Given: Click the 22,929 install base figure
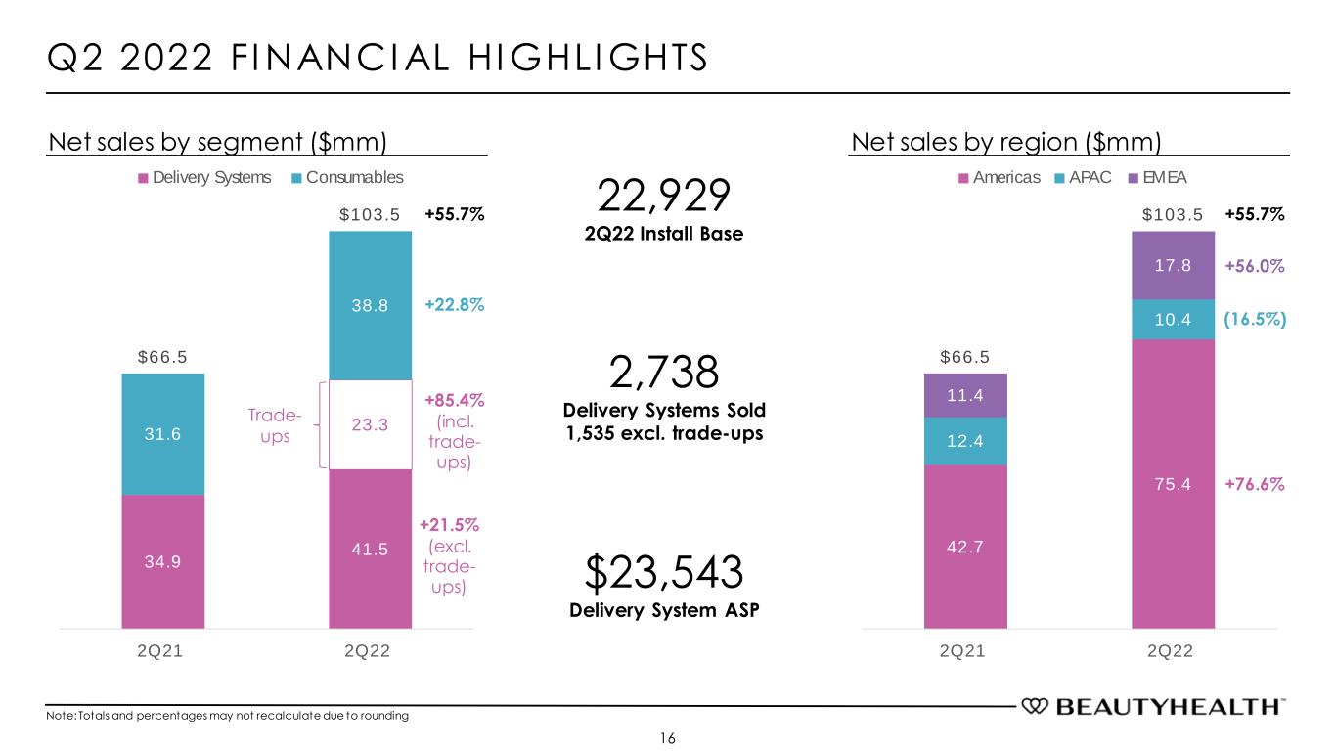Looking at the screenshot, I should [x=663, y=198].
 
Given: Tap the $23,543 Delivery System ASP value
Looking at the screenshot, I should [x=663, y=572].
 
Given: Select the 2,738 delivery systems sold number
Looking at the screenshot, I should [x=663, y=374].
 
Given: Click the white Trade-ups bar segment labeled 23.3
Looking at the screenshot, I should [x=370, y=425].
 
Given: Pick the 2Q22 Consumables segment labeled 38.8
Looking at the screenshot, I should [x=370, y=305].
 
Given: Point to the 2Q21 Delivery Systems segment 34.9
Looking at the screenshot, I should [x=162, y=561].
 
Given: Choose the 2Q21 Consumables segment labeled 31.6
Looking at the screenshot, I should [x=162, y=434].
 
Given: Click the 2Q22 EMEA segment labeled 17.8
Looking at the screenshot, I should [x=1172, y=265].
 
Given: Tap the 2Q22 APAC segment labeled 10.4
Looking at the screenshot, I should [x=1172, y=320].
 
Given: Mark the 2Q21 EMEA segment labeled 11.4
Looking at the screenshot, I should [x=964, y=394].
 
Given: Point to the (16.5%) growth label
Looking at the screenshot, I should [x=1255, y=320].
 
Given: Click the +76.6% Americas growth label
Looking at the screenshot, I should [x=1255, y=484].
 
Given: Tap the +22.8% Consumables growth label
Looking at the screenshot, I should [x=455, y=305].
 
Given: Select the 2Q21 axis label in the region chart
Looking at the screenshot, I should [x=964, y=652].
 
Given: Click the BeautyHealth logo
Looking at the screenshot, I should [x=1154, y=706].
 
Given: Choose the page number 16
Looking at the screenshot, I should [x=667, y=737].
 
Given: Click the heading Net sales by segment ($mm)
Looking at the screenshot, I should [x=219, y=143].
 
